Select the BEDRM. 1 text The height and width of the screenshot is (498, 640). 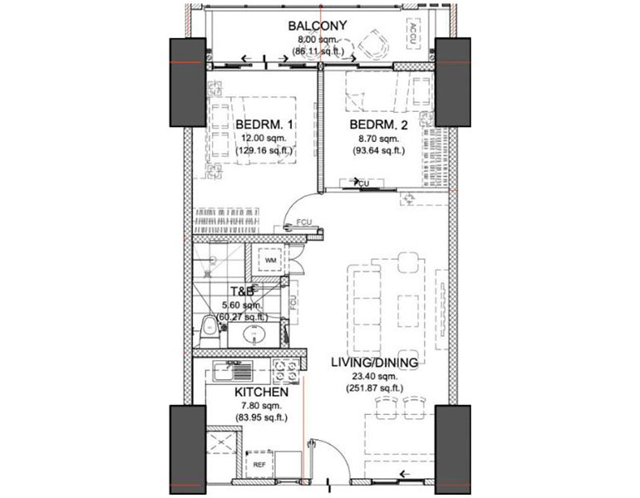pyautogui.click(x=263, y=125)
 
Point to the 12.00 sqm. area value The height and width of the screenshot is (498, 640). pyautogui.click(x=263, y=139)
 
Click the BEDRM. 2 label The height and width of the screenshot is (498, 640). pyautogui.click(x=379, y=125)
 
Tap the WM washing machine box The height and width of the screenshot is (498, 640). pyautogui.click(x=270, y=260)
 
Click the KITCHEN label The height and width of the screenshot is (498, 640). pyautogui.click(x=260, y=392)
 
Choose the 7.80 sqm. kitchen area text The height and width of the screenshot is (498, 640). pyautogui.click(x=260, y=405)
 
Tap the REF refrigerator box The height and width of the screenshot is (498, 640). pyautogui.click(x=259, y=466)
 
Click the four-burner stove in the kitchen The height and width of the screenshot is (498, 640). pyautogui.click(x=286, y=369)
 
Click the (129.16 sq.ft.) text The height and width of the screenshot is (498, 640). pyautogui.click(x=263, y=152)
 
